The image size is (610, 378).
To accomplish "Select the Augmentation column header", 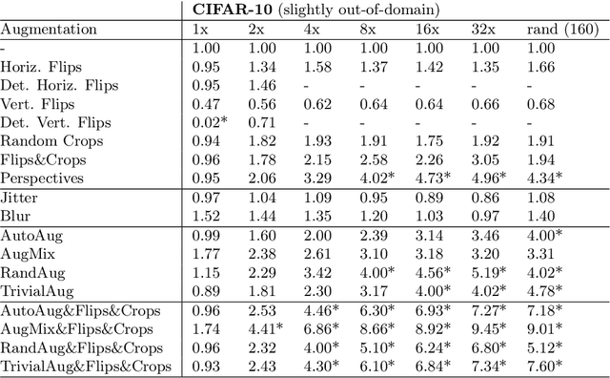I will coord(49,30).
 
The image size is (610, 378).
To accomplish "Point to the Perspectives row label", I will coord(42,178).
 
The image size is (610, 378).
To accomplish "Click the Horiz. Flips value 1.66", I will coord(541,67).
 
